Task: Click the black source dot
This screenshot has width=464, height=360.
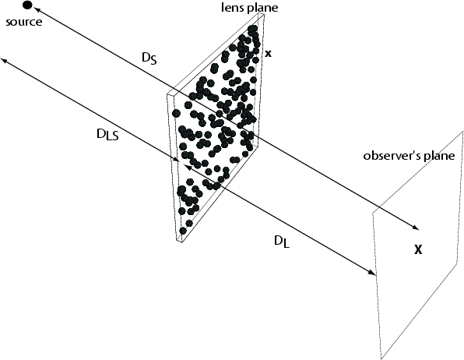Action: pos(27,5)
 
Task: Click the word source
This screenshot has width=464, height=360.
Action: pos(24,23)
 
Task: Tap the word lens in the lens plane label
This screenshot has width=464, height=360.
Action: pos(230,8)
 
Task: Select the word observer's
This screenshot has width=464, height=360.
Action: pos(392,155)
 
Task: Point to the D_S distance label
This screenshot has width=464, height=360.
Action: pos(149,58)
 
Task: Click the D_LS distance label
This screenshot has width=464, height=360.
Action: pos(107,135)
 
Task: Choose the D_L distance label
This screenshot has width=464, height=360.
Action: pos(282,242)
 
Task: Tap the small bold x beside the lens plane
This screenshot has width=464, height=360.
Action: pos(268,54)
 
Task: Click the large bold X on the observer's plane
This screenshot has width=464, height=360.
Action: pos(418,250)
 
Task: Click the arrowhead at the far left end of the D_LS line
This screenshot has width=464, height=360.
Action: pos(4,61)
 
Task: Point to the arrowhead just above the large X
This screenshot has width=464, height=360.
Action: pos(416,228)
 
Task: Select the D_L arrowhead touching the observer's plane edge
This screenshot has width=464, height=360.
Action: pos(371,273)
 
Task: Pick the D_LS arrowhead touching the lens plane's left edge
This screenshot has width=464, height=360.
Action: pos(176,160)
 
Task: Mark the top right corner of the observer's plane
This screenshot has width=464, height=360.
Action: pos(462,131)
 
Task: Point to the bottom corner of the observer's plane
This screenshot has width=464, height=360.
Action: pos(381,358)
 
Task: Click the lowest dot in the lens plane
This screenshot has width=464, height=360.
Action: pos(183,231)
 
